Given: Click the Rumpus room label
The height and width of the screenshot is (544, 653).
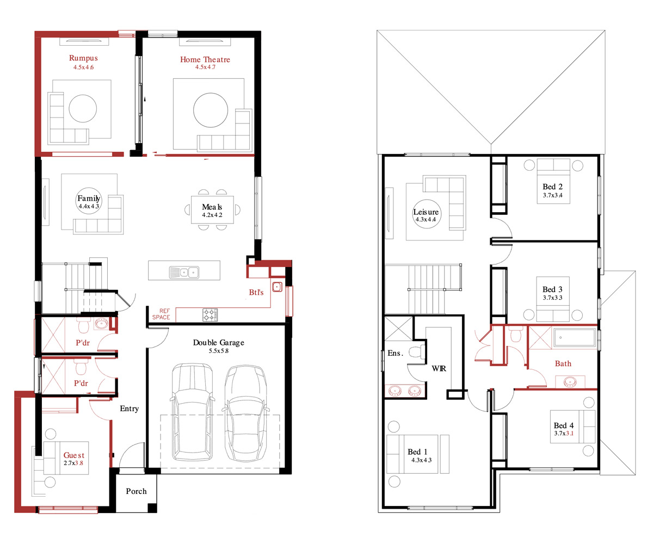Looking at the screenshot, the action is tap(83, 58).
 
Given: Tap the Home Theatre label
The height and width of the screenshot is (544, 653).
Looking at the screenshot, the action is tap(205, 59).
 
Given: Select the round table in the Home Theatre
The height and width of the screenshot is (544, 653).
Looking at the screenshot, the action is tap(211, 110).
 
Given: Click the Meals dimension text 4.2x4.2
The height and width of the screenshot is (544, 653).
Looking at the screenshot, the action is tap(212, 215).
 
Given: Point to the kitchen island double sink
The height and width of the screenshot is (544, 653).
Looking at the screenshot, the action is tap(184, 273).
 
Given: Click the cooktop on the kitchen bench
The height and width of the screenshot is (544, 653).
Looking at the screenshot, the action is tap(210, 315).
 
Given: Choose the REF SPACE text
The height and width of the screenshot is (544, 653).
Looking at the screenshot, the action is tap(161, 314).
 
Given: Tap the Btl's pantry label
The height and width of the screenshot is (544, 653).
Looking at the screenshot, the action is tap(256, 292).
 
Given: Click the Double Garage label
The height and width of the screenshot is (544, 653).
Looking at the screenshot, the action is tap(218, 343).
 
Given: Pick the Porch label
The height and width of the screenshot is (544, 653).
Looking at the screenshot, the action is tap(136, 491).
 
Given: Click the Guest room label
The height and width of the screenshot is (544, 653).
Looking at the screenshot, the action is tap(74, 455).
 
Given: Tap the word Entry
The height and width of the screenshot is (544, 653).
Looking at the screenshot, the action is tap(129, 409).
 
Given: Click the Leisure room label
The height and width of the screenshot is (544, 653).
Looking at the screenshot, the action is tap(426, 212).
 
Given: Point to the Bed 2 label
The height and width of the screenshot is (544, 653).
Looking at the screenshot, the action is tap(553, 187).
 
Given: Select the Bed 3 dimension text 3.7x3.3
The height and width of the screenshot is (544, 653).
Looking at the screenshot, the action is tap(553, 298).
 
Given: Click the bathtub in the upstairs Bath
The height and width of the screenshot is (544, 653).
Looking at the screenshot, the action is tap(575, 337).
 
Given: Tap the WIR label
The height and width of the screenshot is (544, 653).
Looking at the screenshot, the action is tap(439, 369).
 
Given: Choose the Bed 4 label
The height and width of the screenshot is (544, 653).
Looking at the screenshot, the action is tap(564, 425).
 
